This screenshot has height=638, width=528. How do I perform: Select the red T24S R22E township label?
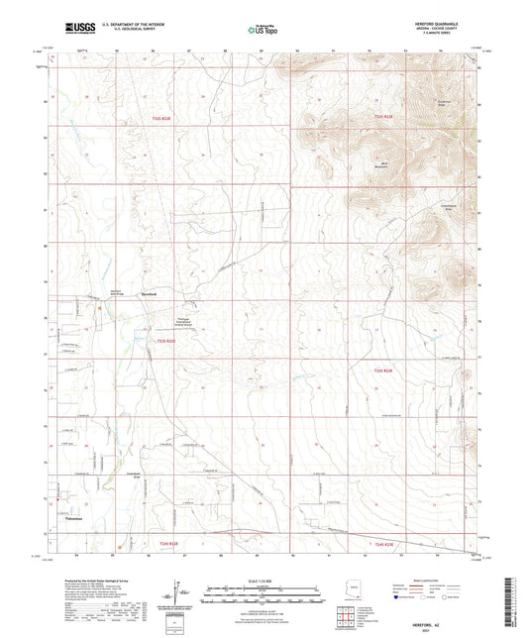click(165, 544)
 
